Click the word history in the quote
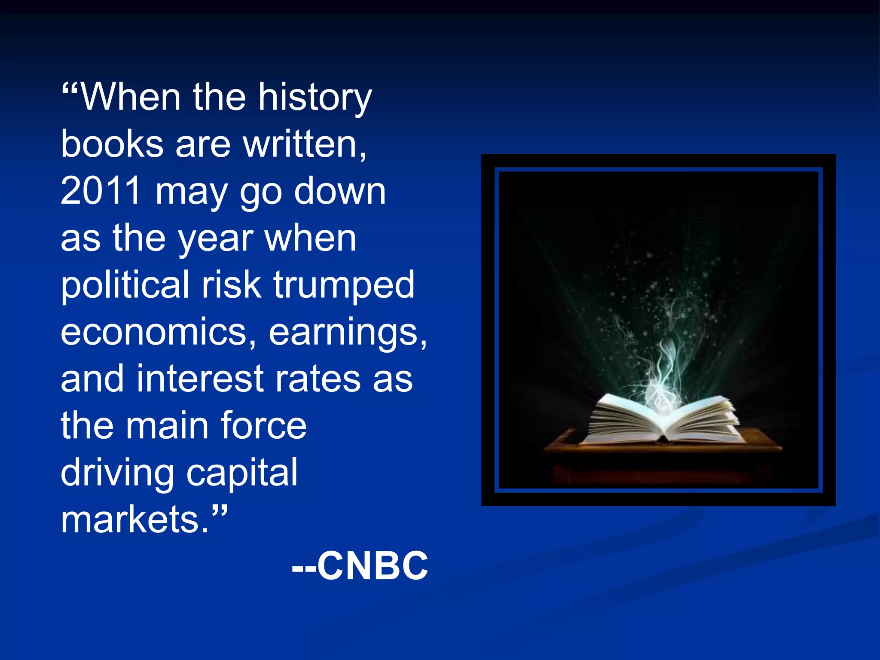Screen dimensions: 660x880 pos(315,98)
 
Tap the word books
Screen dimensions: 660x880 pos(112,144)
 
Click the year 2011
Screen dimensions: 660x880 pos(101,191)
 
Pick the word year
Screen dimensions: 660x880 pos(216,239)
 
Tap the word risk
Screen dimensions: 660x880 pos(232,285)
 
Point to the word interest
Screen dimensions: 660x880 pos(200,379)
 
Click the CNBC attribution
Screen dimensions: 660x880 pos(360,565)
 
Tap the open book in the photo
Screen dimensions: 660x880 pos(664,421)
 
